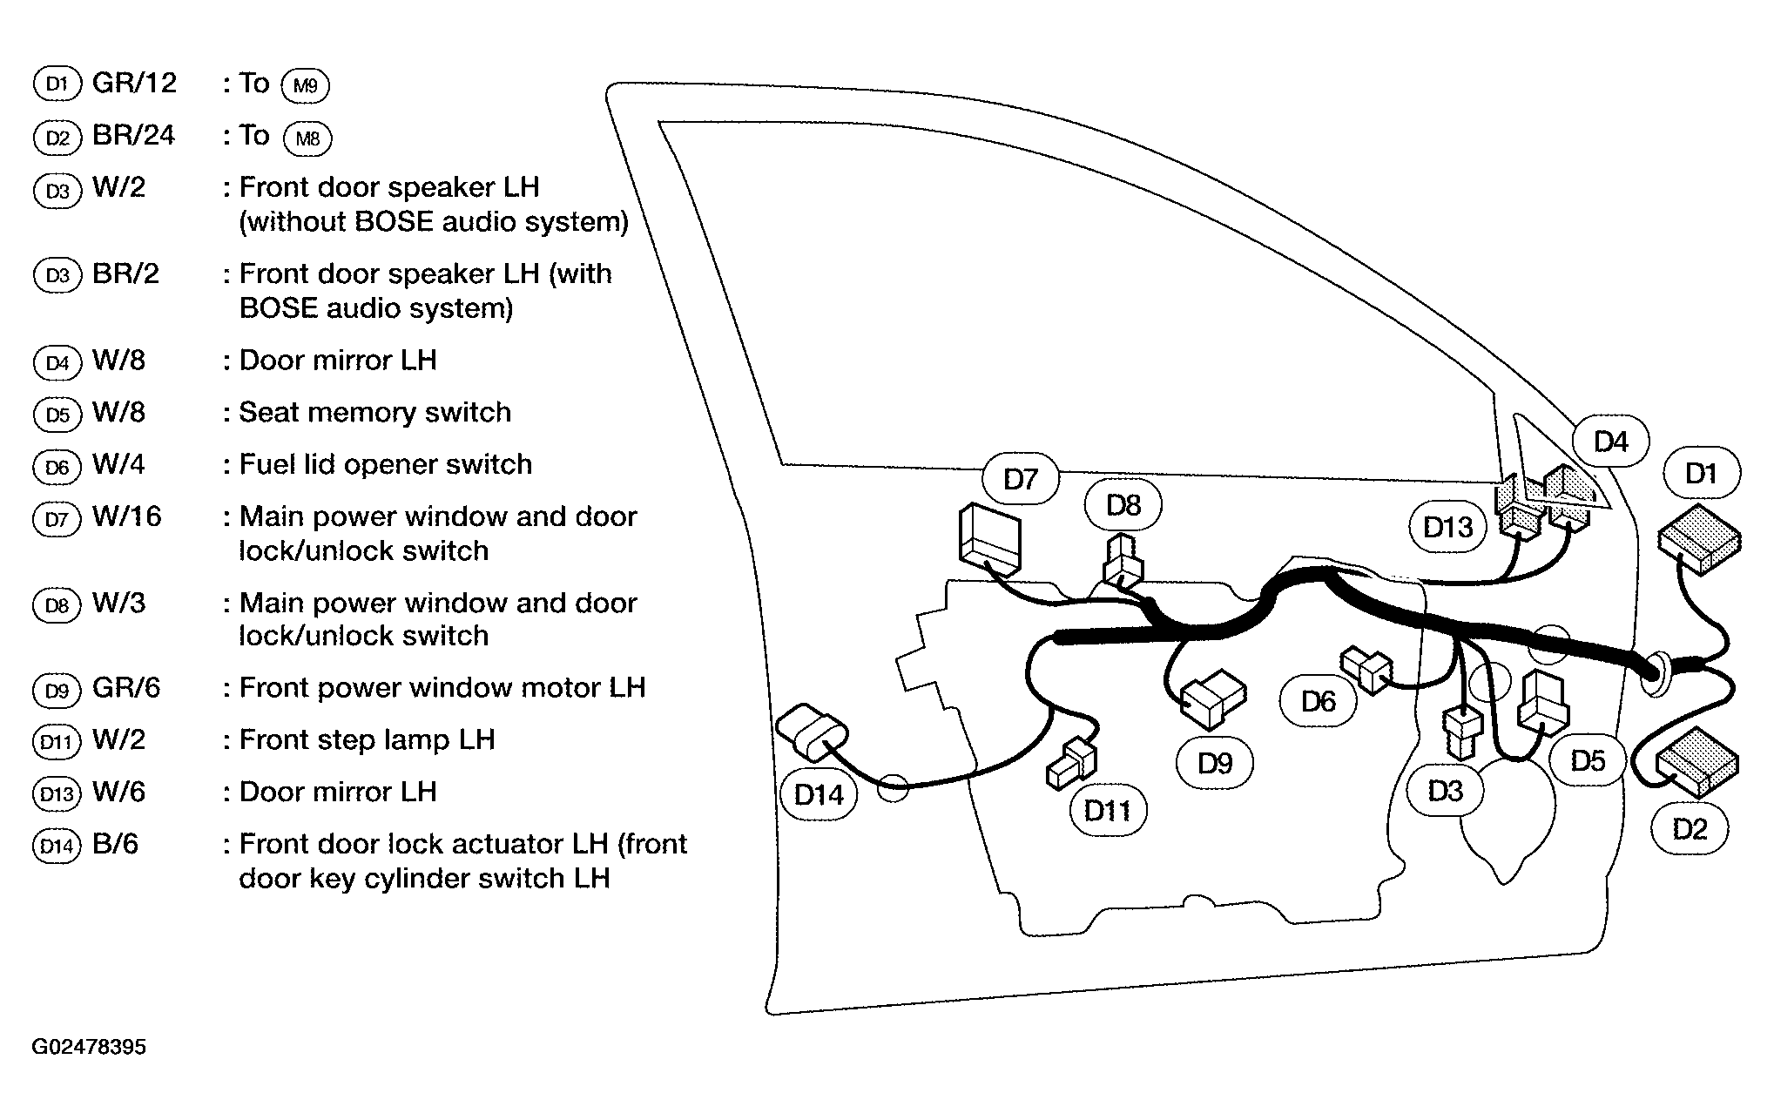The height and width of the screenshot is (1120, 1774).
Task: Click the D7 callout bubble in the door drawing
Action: tap(1020, 478)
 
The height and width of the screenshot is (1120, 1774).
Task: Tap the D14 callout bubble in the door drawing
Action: tap(819, 794)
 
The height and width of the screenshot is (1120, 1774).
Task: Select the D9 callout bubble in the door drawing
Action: tap(1214, 763)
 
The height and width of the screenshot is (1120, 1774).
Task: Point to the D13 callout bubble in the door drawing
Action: tap(1447, 527)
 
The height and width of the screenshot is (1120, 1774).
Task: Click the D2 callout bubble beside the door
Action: tap(1690, 828)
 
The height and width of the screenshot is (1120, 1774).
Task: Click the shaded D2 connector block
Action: tap(1698, 762)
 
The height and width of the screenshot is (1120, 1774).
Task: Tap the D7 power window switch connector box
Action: tap(988, 538)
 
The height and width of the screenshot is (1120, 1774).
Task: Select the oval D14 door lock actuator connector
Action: tap(812, 733)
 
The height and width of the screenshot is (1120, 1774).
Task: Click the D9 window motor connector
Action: tap(1213, 698)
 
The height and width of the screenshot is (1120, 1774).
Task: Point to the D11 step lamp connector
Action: tap(1072, 764)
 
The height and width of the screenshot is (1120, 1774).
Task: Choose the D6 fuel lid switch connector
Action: tap(1367, 669)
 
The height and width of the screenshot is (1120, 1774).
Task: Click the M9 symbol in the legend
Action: tap(306, 85)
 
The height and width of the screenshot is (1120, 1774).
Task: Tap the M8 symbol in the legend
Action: tap(307, 138)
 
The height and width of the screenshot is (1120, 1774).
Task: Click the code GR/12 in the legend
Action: tap(134, 83)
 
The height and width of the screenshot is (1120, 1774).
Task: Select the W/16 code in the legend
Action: tap(126, 516)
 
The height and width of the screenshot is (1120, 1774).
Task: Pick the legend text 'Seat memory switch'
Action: tap(374, 412)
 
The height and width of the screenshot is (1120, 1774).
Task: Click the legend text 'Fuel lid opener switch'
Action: tap(385, 464)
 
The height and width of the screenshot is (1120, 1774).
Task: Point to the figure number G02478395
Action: tap(89, 1047)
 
